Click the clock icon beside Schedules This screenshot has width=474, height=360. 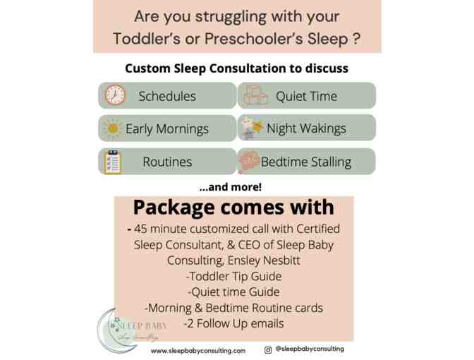(114, 95)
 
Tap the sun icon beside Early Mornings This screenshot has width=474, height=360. (113, 128)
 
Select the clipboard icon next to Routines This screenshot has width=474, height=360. (113, 162)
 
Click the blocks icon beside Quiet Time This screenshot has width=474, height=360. (255, 95)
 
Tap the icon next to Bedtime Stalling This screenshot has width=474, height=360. (248, 162)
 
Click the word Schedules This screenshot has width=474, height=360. (167, 96)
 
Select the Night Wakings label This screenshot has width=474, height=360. (306, 128)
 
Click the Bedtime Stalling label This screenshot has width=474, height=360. (305, 162)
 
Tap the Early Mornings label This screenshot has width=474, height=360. (167, 129)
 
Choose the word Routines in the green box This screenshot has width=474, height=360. (167, 162)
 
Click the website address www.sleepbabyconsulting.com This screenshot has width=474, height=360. (198, 350)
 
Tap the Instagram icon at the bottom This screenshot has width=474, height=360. (268, 349)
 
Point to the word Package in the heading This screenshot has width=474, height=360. (174, 208)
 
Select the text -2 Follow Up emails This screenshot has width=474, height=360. (233, 324)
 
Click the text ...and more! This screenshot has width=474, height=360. (230, 187)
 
